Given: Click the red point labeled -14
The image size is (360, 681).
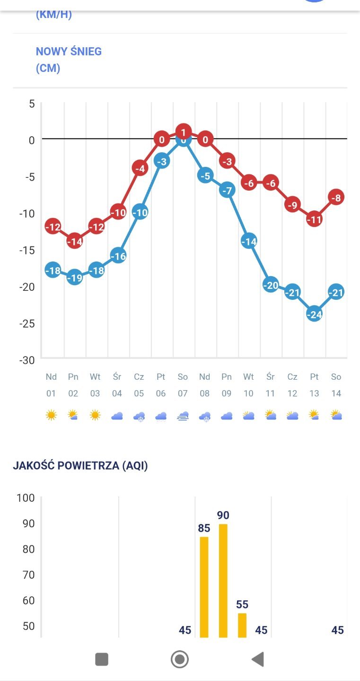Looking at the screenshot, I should pos(74,241).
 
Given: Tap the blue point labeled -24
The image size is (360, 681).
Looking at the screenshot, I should pos(314,314).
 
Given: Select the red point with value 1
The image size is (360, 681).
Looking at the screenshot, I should pos(183,131).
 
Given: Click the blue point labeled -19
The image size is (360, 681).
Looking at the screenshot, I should pos(74,278).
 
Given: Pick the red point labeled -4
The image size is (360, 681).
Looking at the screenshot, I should pos(140,168).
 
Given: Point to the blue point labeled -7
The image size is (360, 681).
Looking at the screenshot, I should pos(227,191).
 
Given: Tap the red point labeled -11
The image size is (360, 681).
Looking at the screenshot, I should pos(314,219).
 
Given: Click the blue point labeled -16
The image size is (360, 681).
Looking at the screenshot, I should pos(118,256).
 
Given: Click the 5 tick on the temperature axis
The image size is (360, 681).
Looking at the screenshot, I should pos(32,104).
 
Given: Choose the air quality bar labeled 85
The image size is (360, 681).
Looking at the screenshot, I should pos(204,586).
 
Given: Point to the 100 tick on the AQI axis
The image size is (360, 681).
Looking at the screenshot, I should pos(26,498).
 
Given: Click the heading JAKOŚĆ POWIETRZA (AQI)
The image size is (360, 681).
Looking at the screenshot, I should pos(80,466).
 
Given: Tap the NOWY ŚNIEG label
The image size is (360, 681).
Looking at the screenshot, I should pos(69,52).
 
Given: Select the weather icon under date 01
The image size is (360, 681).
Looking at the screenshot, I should pos(51,416).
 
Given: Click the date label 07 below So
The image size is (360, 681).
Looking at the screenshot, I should pos(183,393).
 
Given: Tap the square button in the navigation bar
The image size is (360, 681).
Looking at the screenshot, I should pos(102,659).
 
